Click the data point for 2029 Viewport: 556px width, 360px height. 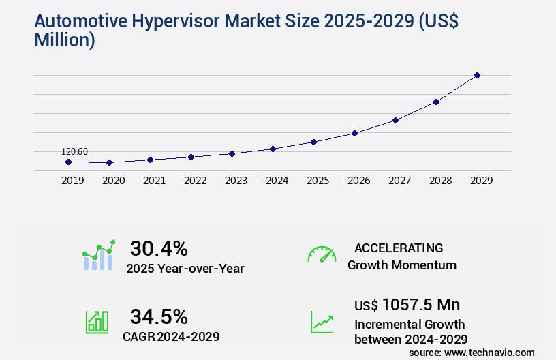(x=477, y=75)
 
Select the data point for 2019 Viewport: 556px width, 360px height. (x=68, y=162)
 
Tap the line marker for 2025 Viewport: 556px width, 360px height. (x=313, y=142)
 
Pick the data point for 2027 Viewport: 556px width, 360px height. (x=395, y=120)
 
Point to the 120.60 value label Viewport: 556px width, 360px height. (x=74, y=151)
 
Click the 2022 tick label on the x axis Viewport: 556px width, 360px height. (x=195, y=181)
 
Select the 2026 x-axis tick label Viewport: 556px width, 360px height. (x=358, y=181)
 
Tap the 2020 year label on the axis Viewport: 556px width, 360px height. (x=113, y=181)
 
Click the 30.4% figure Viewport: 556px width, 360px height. (x=159, y=248)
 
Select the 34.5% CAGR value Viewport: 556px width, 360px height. (x=159, y=316)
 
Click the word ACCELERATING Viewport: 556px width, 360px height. (x=399, y=247)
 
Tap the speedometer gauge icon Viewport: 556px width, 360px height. (x=322, y=254)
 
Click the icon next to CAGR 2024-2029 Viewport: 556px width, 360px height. (x=97, y=322)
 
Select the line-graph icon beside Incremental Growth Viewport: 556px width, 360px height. (x=322, y=322)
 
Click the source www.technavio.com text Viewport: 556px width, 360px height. (x=472, y=352)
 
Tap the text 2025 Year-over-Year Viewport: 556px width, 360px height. (x=185, y=269)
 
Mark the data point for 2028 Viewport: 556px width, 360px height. (x=436, y=102)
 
